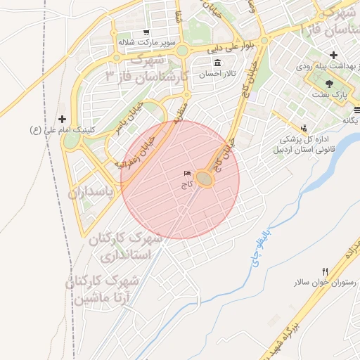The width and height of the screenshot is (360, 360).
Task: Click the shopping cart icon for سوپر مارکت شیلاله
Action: click(x=146, y=32)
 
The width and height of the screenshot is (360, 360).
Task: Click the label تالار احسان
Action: click(x=216, y=74)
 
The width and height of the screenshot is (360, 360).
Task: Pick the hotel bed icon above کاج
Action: click(x=186, y=173)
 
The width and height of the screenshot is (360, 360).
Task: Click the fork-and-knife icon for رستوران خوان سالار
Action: click(x=324, y=271)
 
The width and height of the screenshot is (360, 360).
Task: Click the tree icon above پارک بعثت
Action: click(x=330, y=83)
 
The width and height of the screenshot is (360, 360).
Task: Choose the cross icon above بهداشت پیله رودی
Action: click(x=333, y=55)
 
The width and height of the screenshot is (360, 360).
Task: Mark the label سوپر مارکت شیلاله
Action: click(x=146, y=42)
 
